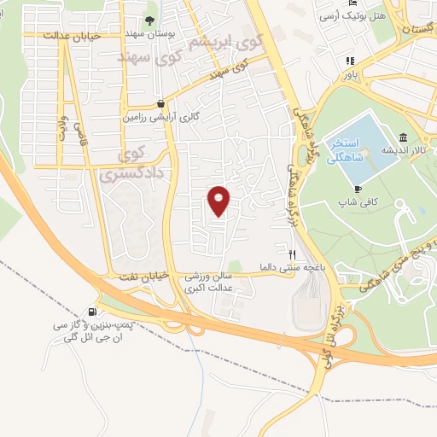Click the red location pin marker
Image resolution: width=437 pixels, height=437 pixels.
pyautogui.click(x=219, y=201)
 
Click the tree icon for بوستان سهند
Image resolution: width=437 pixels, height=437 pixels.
pyautogui.click(x=150, y=19)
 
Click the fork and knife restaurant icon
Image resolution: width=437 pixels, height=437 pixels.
pyautogui.click(x=291, y=253)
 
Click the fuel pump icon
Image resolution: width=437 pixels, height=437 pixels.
pyautogui.click(x=91, y=312)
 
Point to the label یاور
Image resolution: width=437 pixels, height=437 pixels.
pyautogui.click(x=351, y=73)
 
